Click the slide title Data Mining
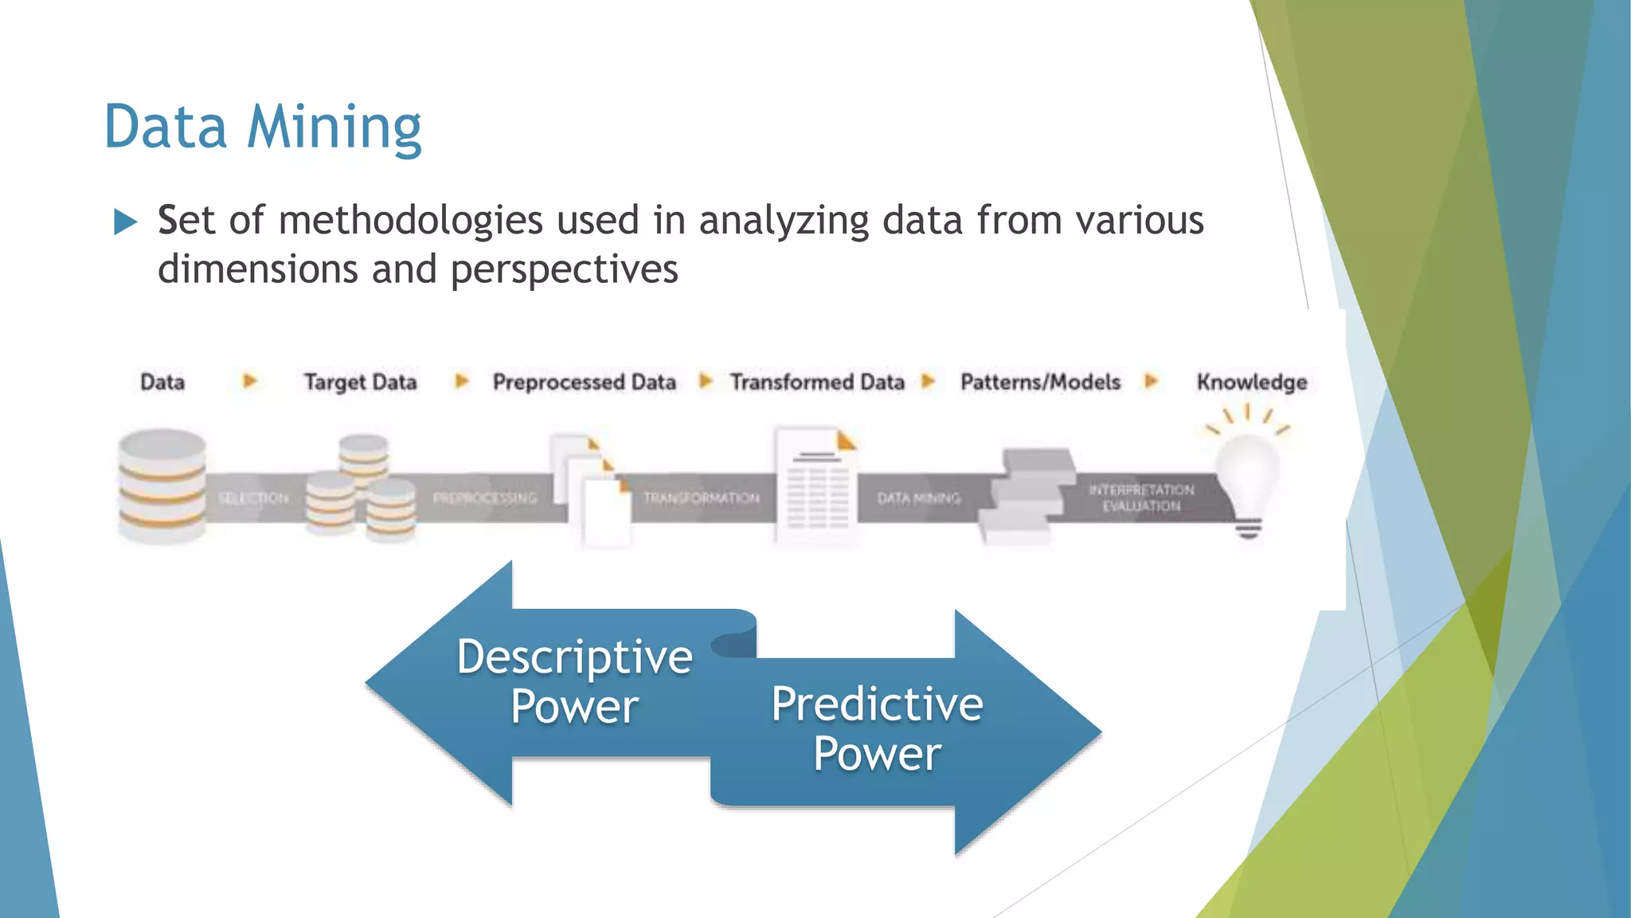[x=263, y=127]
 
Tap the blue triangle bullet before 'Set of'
[x=125, y=222]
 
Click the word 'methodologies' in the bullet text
[x=411, y=221]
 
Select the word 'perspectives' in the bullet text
[x=564, y=269]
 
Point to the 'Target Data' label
[x=360, y=382]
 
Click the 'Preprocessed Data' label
[x=584, y=382]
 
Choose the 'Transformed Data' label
[x=817, y=382]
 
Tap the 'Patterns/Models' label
[x=1040, y=382]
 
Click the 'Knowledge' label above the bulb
[x=1251, y=382]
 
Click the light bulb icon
[x=1247, y=478]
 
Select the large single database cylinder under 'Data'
[x=162, y=486]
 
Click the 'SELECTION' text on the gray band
[x=253, y=498]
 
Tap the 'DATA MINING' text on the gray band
[x=919, y=498]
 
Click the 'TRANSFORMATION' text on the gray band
[x=701, y=498]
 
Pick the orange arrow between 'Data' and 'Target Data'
[x=249, y=382]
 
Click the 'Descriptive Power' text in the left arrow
[x=575, y=681]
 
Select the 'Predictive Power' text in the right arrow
[x=877, y=728]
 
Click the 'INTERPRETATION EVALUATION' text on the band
[x=1141, y=497]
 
